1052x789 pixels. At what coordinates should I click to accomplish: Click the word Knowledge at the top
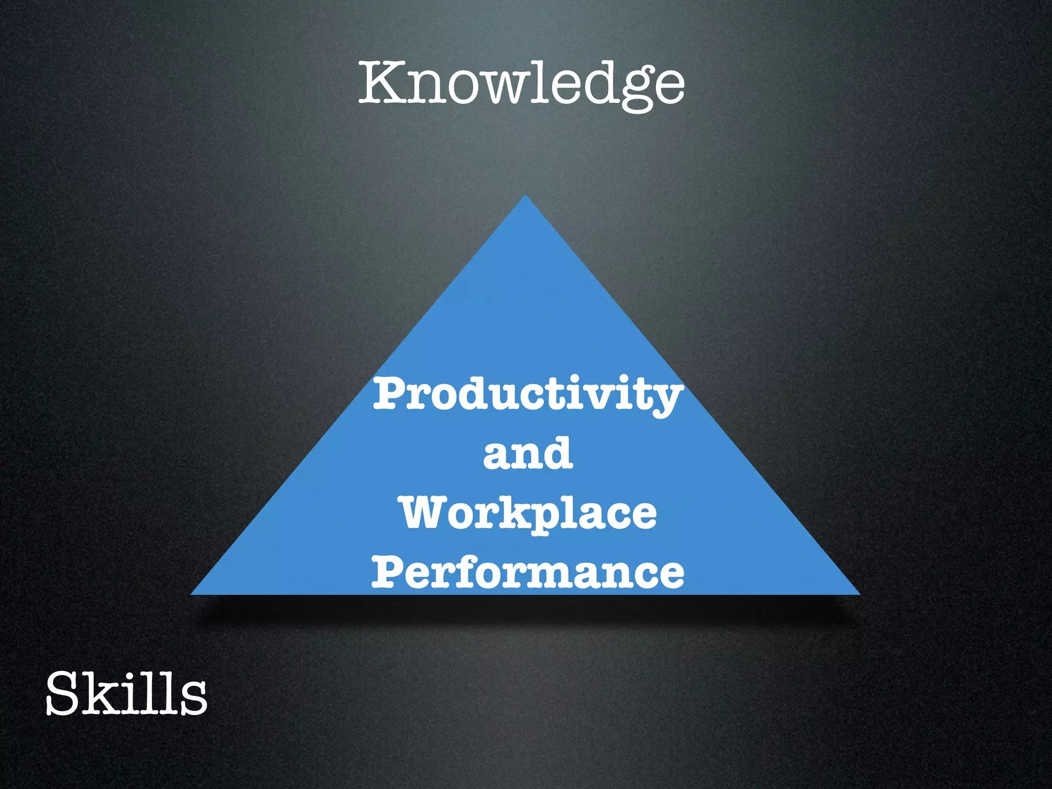521,83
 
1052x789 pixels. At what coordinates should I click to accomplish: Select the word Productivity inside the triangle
528,394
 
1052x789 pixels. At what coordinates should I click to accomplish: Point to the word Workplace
529,514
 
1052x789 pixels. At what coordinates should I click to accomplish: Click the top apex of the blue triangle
525,196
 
